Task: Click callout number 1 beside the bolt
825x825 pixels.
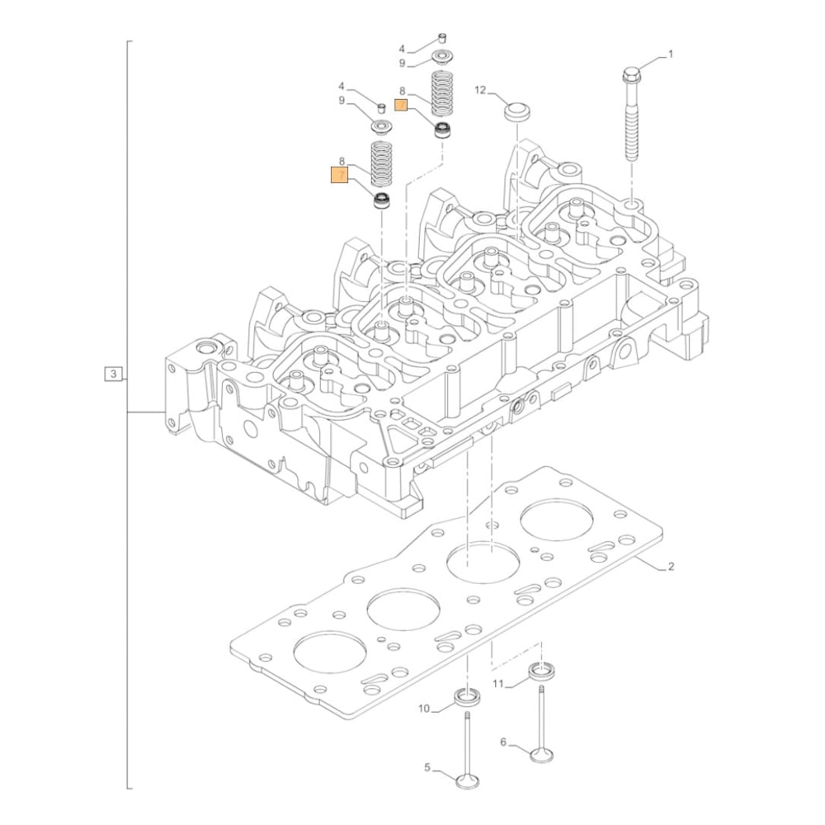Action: point(670,54)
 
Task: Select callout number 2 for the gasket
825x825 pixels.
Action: point(671,567)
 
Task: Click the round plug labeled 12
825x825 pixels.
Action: point(516,111)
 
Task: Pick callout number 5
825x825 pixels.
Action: point(427,768)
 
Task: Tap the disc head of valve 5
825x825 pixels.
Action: point(468,779)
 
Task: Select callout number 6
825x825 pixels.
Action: point(503,742)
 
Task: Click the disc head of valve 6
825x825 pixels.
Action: point(541,754)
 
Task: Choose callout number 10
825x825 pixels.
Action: point(425,709)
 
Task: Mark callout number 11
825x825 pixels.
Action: point(497,684)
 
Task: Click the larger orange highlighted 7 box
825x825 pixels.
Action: point(340,175)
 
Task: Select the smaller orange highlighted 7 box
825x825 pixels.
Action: point(402,105)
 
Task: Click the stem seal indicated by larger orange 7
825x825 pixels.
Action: point(381,200)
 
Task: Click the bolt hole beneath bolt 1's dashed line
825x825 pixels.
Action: point(630,201)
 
